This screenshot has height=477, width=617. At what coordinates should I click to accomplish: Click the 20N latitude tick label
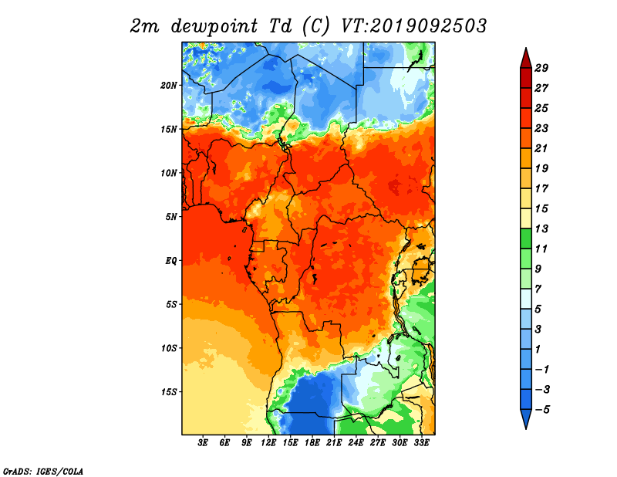point(169,86)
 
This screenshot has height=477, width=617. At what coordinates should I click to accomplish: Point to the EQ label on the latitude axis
point(170,261)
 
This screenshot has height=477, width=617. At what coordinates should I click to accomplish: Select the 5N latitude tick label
point(171,217)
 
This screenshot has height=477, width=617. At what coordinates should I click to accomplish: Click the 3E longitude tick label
point(203,443)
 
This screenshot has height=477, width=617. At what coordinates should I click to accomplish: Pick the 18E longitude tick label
point(312,443)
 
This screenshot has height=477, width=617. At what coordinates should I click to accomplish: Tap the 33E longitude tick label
point(421,443)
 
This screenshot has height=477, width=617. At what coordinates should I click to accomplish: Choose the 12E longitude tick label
point(268,443)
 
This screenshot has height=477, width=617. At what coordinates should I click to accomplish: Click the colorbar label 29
point(541,68)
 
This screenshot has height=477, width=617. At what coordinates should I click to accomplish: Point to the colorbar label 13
point(541,228)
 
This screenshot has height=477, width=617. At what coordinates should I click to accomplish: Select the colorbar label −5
point(542,410)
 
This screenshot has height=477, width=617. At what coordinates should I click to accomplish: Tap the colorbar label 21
point(541,148)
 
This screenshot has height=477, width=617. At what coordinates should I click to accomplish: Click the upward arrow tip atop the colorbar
point(526,48)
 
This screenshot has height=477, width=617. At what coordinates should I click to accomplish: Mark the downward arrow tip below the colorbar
point(526,429)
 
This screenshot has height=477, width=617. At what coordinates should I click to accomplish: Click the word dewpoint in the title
point(214,26)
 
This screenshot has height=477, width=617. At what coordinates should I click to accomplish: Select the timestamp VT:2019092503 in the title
point(413,26)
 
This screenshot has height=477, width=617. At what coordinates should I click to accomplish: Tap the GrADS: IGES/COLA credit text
point(43,471)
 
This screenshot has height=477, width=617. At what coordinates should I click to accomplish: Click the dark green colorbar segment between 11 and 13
point(526,238)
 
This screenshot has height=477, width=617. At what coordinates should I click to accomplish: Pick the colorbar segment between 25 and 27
point(526,98)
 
